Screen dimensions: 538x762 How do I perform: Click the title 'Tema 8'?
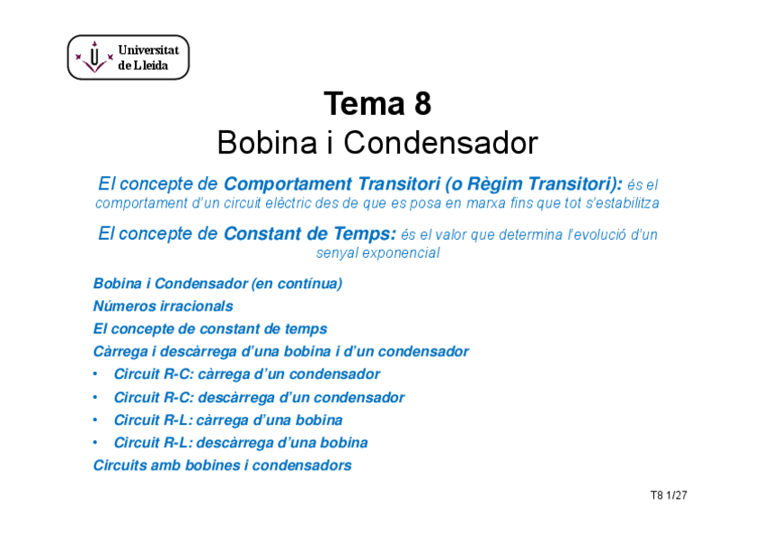(377, 105)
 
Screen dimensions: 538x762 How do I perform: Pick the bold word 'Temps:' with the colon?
(363, 234)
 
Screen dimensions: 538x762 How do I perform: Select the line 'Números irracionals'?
(163, 306)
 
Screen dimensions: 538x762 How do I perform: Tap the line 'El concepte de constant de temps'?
(210, 329)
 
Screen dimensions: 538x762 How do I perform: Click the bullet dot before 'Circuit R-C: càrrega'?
(96, 375)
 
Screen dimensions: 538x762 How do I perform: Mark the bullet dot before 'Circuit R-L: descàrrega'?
(96, 443)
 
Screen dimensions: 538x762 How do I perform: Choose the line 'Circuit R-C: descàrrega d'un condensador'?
(259, 397)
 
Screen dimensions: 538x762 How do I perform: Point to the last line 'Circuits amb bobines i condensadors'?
(222, 465)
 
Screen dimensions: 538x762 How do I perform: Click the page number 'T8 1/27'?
(669, 495)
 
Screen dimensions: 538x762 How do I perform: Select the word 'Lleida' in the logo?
(151, 66)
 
